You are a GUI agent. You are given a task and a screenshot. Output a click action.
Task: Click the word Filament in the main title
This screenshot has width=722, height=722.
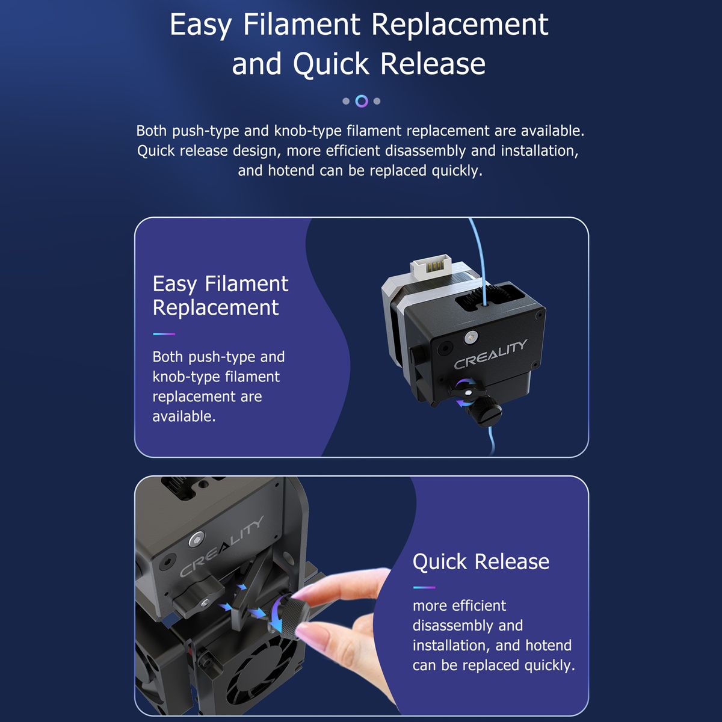[x=301, y=25]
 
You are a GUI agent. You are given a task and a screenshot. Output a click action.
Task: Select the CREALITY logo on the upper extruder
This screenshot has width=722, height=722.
[x=490, y=354]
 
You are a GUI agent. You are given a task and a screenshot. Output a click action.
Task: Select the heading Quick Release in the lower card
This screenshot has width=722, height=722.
[x=481, y=562]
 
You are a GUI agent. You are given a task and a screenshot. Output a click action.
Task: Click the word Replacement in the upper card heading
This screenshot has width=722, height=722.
[x=215, y=309]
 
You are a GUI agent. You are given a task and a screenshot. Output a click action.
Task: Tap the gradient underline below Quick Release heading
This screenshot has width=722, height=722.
[x=424, y=587]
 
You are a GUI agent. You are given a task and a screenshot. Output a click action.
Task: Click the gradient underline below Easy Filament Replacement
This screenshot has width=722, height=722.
[x=164, y=334]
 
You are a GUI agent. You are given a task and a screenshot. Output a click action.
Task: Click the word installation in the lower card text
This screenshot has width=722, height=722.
[x=449, y=646]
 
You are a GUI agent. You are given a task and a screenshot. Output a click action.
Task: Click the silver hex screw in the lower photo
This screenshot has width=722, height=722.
[x=196, y=540]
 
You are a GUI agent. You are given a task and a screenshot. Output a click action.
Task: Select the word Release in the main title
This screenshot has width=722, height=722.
[x=433, y=64]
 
